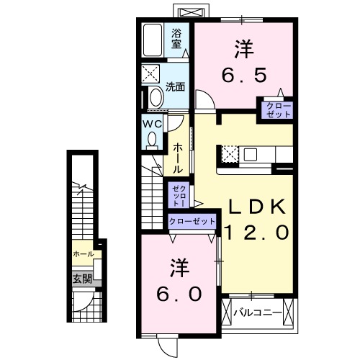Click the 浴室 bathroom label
coord(176,37)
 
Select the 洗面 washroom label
coord(176,87)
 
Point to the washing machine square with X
coord(152,74)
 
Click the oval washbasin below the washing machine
coord(155,97)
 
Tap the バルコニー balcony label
coord(257,313)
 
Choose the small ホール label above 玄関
coord(82,254)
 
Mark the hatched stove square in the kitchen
coord(230,153)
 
